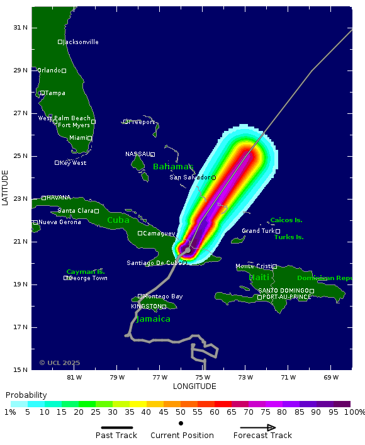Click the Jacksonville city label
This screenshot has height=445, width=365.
click(x=81, y=42)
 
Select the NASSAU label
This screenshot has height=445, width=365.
click(x=137, y=154)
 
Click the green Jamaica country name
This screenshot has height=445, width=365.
click(x=154, y=319)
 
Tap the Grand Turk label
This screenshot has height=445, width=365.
click(x=258, y=231)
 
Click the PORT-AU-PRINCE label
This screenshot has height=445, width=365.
click(x=286, y=297)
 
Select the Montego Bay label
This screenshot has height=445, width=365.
click(x=162, y=296)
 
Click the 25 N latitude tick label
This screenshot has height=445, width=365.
click(x=21, y=156)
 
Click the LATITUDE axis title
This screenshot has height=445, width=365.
click(x=6, y=187)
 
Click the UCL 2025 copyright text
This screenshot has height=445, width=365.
click(x=60, y=363)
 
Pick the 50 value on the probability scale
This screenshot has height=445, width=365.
click(x=181, y=412)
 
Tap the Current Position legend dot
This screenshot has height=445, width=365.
click(x=181, y=423)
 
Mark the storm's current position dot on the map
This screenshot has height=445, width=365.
click(x=188, y=250)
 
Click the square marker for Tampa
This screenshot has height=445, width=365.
click(x=42, y=93)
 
